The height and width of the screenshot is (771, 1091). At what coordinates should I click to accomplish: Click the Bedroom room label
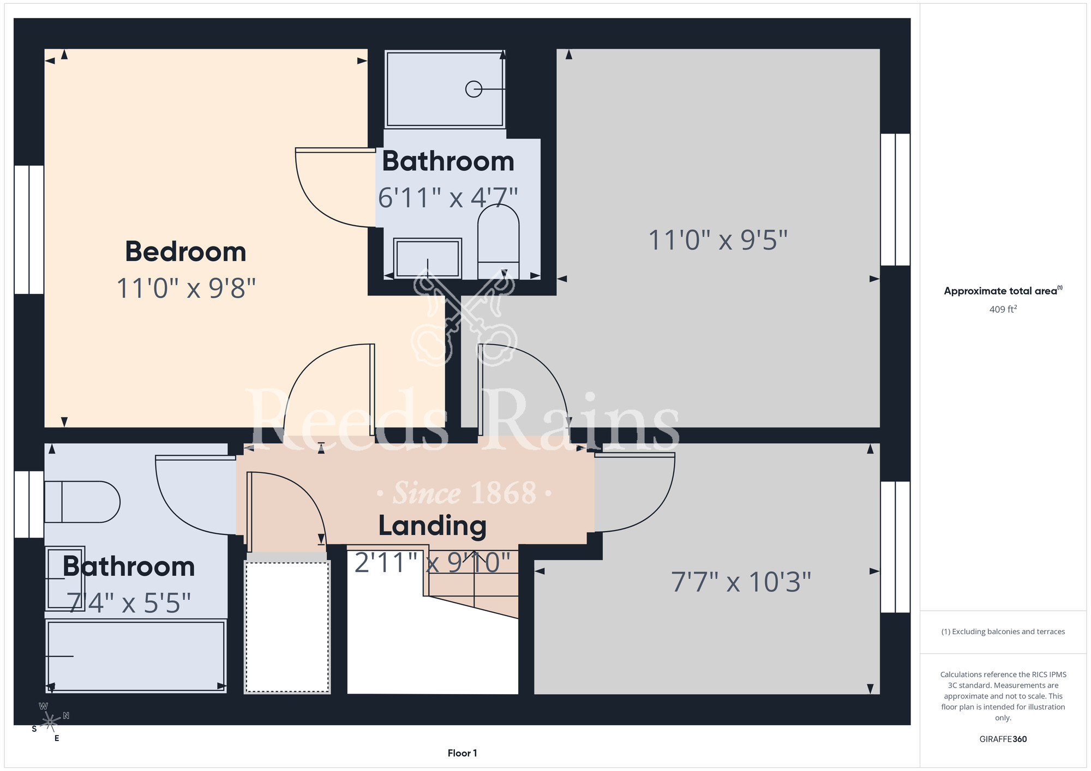pos(185,252)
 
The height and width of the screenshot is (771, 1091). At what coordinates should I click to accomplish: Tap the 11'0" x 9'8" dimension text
pos(186,288)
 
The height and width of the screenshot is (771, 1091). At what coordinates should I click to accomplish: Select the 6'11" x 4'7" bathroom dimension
pos(448,197)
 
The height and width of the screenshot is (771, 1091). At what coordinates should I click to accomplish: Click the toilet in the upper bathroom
pos(498,241)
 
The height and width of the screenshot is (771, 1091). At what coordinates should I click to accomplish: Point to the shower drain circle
pos(473,89)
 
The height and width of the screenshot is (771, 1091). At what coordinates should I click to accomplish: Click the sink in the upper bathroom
pos(428,258)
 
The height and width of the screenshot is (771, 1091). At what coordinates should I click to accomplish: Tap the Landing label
pos(432,526)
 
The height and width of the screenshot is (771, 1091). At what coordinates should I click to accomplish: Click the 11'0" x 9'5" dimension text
pos(718,240)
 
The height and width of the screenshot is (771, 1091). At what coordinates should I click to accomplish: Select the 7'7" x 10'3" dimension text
pos(741,582)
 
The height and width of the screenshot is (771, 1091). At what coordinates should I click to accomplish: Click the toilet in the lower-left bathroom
pos(82,502)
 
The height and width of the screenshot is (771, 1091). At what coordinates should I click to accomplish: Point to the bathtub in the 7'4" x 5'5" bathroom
pos(136,656)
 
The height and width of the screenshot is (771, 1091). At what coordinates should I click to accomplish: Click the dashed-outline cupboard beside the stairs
pos(287,627)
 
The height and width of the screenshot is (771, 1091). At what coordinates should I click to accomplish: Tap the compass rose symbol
pos(50,721)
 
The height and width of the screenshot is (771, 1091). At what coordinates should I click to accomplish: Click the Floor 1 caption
pos(462,753)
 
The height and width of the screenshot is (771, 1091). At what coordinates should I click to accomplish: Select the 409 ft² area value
pos(1003,309)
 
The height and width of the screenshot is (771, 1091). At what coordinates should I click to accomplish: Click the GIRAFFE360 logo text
pos(1003,739)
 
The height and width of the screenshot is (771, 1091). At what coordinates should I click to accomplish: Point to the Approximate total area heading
pos(1003,291)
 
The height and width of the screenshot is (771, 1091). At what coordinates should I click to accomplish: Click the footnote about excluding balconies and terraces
pos(1003,631)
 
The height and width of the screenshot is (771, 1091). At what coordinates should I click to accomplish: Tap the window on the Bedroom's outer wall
pos(29,230)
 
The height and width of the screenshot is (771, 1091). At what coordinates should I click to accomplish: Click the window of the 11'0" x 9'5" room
pos(895,200)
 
